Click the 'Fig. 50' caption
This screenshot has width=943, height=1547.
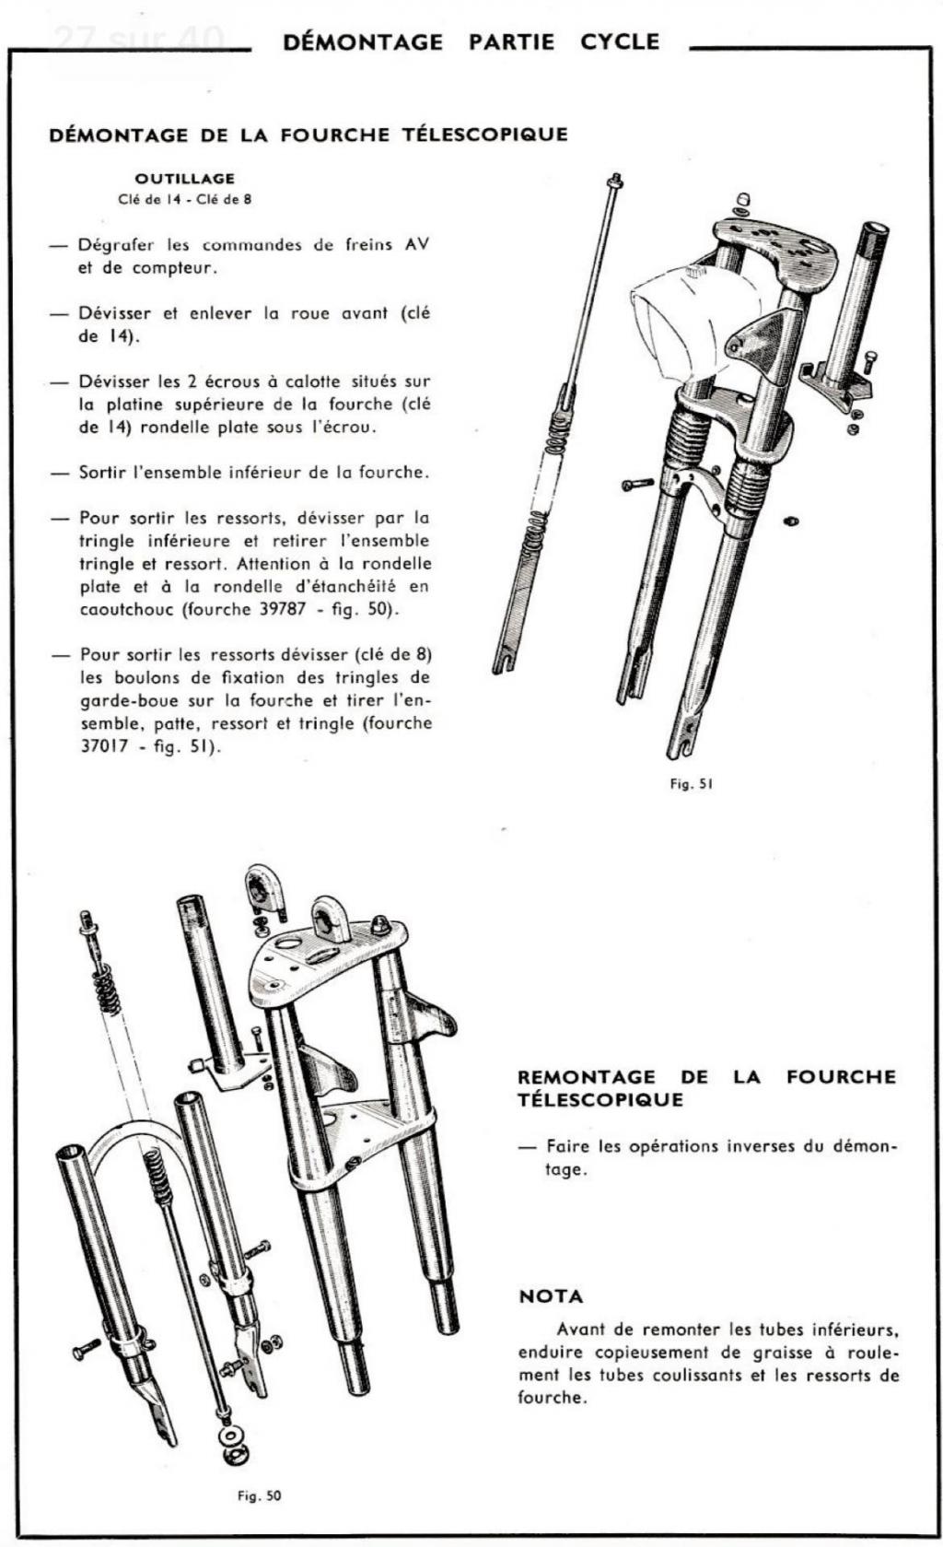(259, 1495)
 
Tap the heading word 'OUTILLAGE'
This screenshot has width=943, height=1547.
(184, 178)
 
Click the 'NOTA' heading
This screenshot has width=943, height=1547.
(551, 1296)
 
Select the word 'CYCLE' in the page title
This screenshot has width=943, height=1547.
(620, 41)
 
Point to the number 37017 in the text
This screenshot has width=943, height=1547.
(101, 745)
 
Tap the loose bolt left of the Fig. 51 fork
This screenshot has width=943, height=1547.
(637, 484)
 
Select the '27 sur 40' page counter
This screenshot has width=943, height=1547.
(138, 39)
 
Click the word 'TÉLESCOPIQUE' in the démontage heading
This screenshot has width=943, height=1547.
(484, 135)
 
